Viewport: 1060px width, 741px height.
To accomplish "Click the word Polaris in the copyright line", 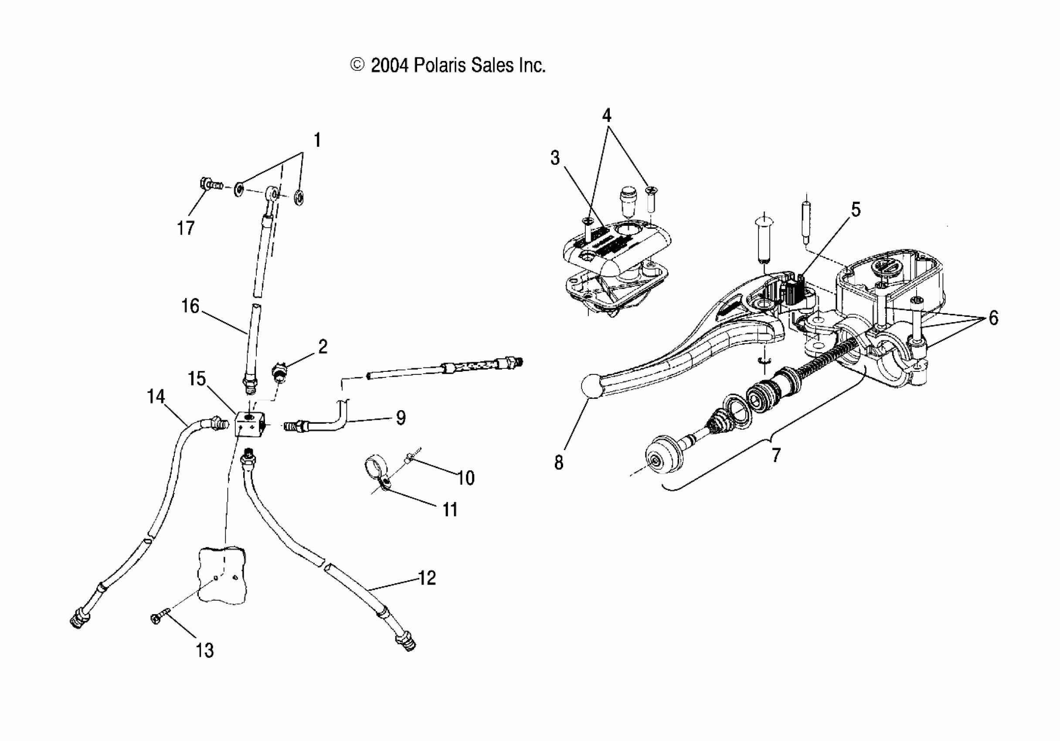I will tap(439, 65).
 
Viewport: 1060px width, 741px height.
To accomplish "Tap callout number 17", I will tap(186, 228).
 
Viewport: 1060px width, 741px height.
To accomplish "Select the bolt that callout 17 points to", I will tap(210, 185).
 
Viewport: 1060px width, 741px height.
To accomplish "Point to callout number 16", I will tap(190, 306).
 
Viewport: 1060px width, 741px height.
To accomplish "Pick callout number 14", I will tap(156, 397).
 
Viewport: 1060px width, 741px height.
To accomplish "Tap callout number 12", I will tap(427, 578).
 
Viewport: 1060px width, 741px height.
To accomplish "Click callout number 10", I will tap(466, 478).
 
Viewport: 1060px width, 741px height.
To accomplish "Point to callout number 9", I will tap(400, 418).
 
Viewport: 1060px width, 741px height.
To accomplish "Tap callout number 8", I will tap(559, 462).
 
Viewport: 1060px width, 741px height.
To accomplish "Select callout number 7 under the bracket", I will tap(776, 455).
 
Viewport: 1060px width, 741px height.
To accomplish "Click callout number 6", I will tap(993, 318).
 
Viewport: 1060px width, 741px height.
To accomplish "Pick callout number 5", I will tap(856, 210).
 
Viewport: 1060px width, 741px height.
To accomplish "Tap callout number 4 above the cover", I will tap(606, 115).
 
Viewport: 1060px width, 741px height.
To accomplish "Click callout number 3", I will tap(555, 158).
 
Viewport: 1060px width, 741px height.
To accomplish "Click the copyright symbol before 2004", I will tap(357, 65).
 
